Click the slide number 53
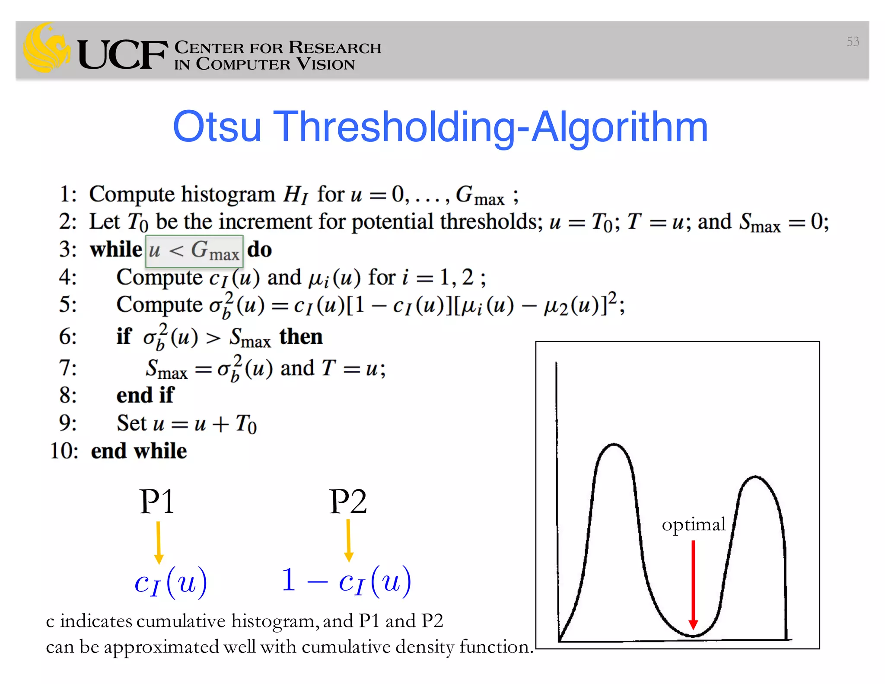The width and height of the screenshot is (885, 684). [x=853, y=42]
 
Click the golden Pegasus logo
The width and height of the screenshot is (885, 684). [x=47, y=48]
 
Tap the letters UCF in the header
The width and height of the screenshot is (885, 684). [x=122, y=54]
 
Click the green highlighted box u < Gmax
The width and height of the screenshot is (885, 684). [x=194, y=251]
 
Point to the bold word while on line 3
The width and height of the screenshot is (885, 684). [x=116, y=249]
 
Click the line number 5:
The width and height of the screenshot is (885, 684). [x=68, y=304]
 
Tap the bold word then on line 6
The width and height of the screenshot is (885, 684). [x=301, y=336]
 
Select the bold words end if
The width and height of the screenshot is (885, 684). [x=145, y=395]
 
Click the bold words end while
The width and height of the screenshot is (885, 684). [x=139, y=451]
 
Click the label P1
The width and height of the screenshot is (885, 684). [x=157, y=502]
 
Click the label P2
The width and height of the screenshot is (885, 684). [x=348, y=502]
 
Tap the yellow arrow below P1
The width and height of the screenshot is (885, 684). [x=159, y=542]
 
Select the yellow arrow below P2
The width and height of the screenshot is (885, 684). [x=349, y=540]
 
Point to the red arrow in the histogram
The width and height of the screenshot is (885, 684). [x=693, y=584]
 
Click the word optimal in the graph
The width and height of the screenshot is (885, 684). [x=694, y=524]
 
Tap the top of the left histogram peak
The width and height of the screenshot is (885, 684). [x=614, y=444]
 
